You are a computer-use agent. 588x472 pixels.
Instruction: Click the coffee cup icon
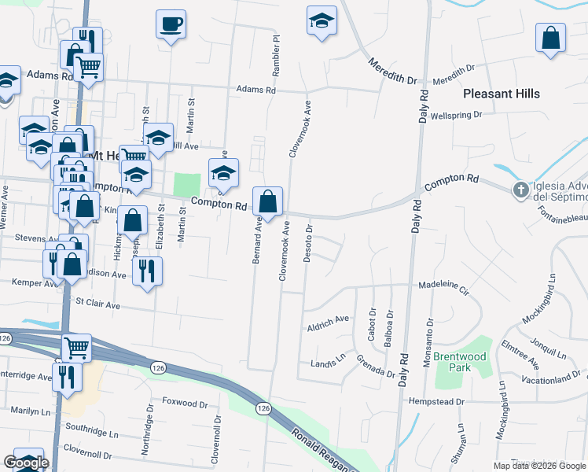171,24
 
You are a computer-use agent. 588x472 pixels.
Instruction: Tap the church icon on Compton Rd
520,190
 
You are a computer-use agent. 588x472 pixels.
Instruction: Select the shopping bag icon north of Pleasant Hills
551,38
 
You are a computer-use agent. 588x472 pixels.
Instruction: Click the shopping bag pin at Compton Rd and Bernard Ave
268,201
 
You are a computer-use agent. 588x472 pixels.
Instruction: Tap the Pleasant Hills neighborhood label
502,94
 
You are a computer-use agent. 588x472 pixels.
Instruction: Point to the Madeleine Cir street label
443,286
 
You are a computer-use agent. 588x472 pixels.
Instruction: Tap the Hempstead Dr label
437,401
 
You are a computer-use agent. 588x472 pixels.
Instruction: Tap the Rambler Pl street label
276,55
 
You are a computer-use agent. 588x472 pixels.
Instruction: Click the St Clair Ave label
97,302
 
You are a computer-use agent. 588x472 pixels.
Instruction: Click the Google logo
26,463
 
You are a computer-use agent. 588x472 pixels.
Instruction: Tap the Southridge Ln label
91,433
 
